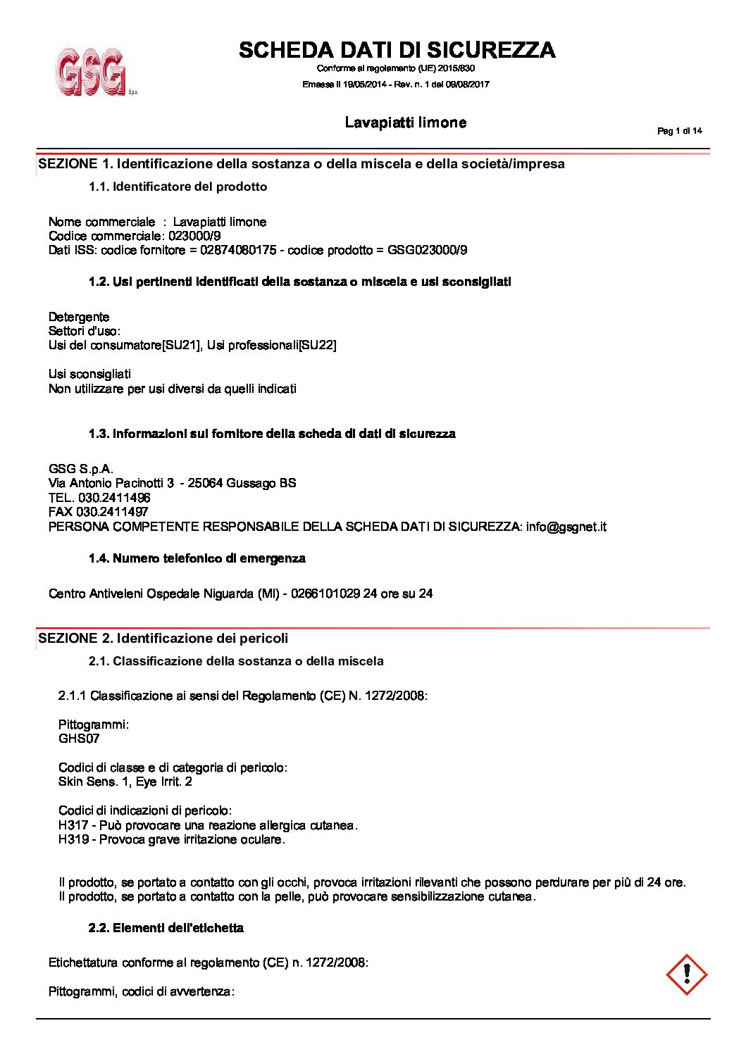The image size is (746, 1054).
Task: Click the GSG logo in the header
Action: tap(92, 71)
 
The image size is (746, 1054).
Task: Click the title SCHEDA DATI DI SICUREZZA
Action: tap(397, 50)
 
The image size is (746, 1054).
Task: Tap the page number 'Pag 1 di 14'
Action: tap(679, 131)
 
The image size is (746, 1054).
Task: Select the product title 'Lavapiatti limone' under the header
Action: tap(405, 123)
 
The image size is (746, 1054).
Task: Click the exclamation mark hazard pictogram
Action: tap(686, 974)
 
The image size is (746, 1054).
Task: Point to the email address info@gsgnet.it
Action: tap(566, 527)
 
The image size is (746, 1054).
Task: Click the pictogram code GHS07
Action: tap(79, 739)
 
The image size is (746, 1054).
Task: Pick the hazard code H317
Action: tap(73, 825)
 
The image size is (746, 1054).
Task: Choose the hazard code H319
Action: tap(73, 839)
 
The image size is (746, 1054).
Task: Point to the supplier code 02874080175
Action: tap(238, 250)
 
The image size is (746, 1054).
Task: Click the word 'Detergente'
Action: tap(79, 317)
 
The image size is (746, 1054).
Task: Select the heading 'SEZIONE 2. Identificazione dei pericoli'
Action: tap(163, 639)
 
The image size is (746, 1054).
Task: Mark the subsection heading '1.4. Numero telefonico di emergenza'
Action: tap(197, 558)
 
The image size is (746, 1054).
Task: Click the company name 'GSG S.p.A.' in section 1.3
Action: tap(81, 469)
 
